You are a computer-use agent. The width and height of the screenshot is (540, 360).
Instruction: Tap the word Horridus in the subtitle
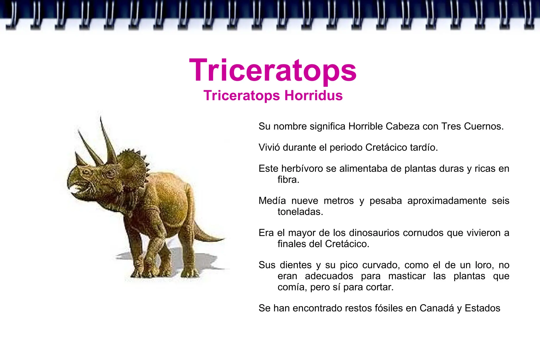313,95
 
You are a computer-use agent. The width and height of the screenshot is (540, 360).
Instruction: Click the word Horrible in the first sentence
365,126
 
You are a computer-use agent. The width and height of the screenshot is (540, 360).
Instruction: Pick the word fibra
288,180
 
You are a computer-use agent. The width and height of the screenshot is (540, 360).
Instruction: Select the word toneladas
300,212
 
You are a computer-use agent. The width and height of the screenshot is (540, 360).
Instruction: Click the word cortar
381,287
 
